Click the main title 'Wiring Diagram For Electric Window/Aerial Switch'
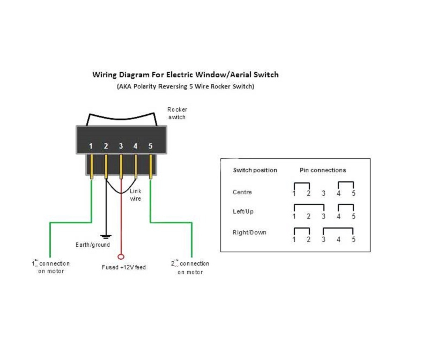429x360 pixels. (186, 75)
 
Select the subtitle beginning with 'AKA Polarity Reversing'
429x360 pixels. (186, 86)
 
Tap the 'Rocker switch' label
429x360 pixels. (176, 113)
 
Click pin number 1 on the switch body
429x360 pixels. (92, 146)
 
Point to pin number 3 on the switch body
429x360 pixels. (121, 146)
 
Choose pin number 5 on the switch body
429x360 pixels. (151, 146)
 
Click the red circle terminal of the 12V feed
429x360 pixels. (121, 256)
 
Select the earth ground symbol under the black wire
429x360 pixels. (106, 236)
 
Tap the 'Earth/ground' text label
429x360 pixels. (92, 245)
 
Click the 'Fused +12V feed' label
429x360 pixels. (124, 267)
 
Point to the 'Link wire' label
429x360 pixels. (136, 195)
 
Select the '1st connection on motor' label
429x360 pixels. (51, 267)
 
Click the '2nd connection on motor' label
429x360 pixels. (190, 268)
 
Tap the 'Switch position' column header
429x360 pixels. (255, 170)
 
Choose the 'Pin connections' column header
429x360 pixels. (322, 170)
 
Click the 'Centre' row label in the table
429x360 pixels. (242, 192)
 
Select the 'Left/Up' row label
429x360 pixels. (243, 211)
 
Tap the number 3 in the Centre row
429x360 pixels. (323, 194)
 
